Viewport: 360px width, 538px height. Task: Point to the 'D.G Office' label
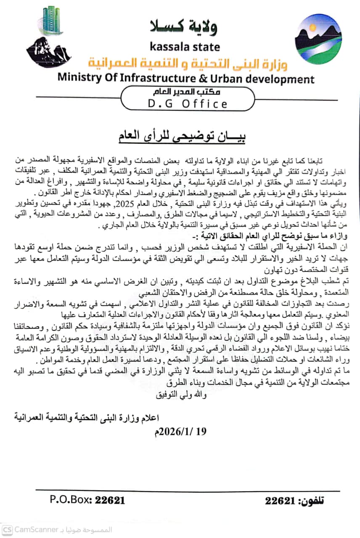[x=188, y=103]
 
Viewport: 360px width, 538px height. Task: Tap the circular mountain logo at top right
[x=318, y=38]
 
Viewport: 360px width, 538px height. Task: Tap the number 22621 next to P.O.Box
[x=110, y=500]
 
